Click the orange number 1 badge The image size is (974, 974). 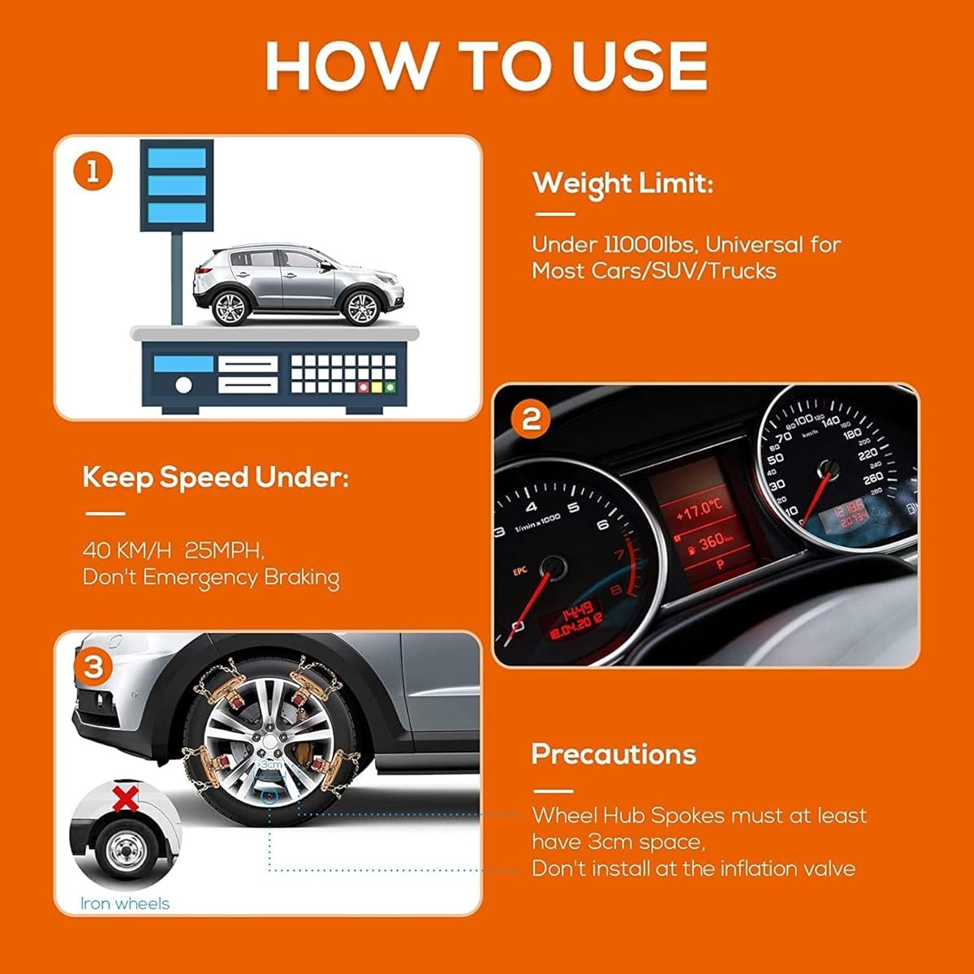pos(93,172)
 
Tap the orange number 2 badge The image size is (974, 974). pos(530,419)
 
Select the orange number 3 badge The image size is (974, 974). pos(93,667)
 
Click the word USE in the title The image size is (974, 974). pos(640,67)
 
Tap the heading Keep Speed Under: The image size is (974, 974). pos(216,477)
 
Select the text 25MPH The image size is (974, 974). pos(224,550)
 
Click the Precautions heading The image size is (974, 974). pos(614,755)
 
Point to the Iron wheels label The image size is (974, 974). pos(125,903)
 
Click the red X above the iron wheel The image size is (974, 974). pos(125,799)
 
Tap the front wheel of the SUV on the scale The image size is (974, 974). pos(360,308)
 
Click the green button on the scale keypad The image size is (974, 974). pos(390,388)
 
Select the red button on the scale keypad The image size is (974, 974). pos(362,388)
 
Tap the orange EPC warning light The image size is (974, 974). pos(519,571)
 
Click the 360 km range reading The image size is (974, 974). pos(710,543)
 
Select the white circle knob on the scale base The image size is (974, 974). pos(183,386)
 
